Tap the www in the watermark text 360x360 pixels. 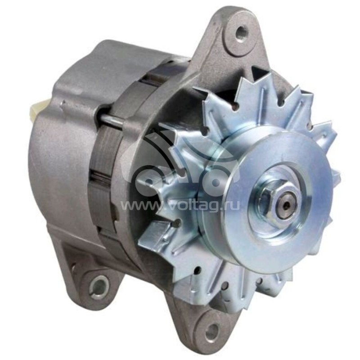[x=135, y=207]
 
